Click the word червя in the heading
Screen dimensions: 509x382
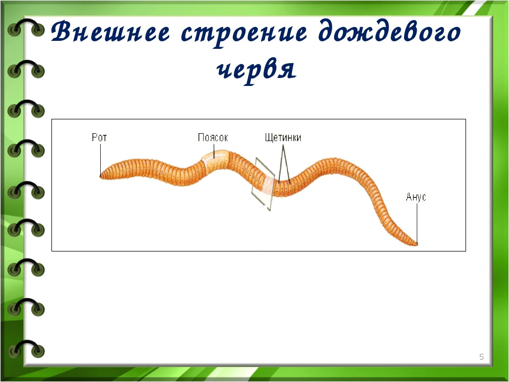[x=256, y=71]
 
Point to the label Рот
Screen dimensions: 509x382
[x=99, y=137]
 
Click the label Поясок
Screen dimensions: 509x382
[x=213, y=137]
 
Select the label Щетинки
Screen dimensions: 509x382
[x=283, y=137]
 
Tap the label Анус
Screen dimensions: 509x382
[x=416, y=197]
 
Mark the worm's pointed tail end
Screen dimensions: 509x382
[x=417, y=244]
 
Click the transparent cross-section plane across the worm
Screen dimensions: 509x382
[x=264, y=184]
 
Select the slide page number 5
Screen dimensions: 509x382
[x=481, y=357]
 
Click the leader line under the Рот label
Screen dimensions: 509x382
[x=100, y=160]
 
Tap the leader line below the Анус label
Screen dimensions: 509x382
[x=417, y=223]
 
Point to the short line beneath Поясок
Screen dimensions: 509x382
[x=214, y=151]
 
